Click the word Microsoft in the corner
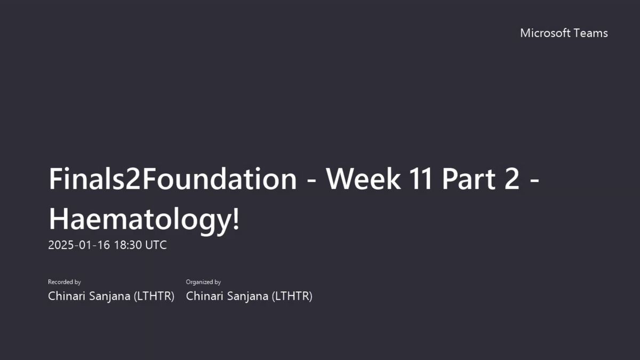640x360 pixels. [x=545, y=33]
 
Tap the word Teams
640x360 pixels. [x=591, y=33]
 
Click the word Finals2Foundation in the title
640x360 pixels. [x=173, y=179]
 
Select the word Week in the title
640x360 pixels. [x=363, y=179]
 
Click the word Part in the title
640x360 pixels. [x=469, y=179]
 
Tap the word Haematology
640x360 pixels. [x=139, y=219]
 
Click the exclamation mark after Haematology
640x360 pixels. [x=236, y=218]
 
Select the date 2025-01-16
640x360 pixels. [x=79, y=245]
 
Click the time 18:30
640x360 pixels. [x=127, y=245]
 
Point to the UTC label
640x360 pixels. [x=156, y=245]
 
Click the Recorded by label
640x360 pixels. [x=65, y=282]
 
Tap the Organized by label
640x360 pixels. [x=203, y=282]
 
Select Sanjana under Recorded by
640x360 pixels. [x=110, y=297]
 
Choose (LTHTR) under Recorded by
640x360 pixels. [x=154, y=297]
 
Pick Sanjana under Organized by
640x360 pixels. [x=247, y=297]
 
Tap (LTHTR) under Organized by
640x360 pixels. [x=292, y=297]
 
